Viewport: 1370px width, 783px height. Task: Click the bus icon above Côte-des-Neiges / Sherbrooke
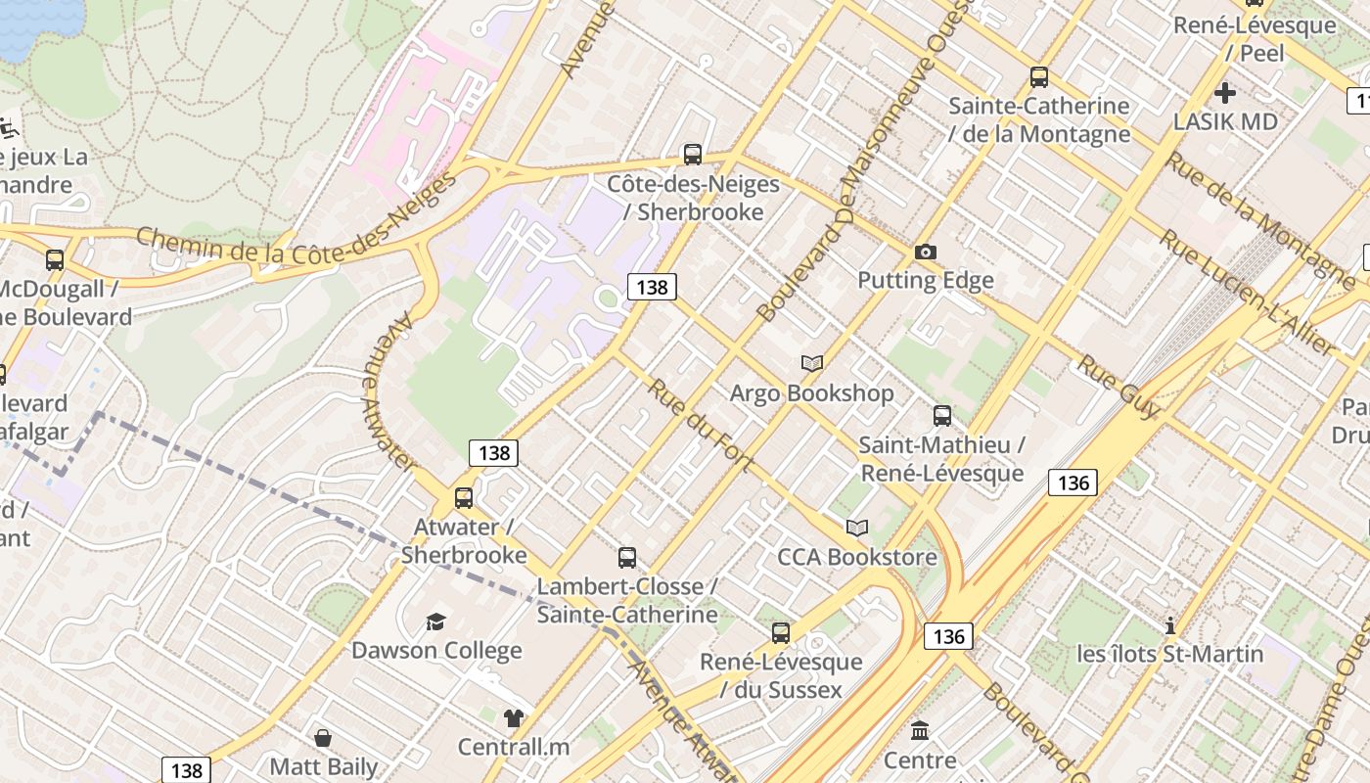click(x=693, y=154)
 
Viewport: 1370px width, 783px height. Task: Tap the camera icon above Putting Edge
click(x=925, y=253)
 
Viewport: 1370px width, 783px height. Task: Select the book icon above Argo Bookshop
click(x=811, y=364)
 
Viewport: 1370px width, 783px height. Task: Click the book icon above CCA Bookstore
click(x=857, y=529)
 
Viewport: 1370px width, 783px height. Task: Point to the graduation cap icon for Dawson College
click(x=435, y=622)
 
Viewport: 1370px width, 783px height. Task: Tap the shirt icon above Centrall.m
click(x=514, y=718)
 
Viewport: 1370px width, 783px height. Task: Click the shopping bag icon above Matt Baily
click(x=323, y=738)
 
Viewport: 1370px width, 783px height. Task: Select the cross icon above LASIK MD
click(x=1224, y=94)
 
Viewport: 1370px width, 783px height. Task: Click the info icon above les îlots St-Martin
click(x=1169, y=624)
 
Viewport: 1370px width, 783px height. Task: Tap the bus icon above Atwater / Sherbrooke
click(x=464, y=497)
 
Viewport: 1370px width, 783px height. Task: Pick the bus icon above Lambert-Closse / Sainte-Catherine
click(x=627, y=558)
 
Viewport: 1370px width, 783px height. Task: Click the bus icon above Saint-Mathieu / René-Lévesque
click(x=941, y=416)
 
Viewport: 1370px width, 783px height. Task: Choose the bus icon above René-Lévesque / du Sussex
click(x=780, y=632)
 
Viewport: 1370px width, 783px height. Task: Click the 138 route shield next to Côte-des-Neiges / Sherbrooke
click(x=652, y=287)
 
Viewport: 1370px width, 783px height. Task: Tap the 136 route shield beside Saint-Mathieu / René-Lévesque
click(x=1073, y=483)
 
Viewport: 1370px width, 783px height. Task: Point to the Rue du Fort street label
click(x=700, y=424)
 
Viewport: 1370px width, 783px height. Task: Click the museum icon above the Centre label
click(x=920, y=730)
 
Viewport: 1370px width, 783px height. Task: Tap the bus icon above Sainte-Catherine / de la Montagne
click(x=1039, y=77)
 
